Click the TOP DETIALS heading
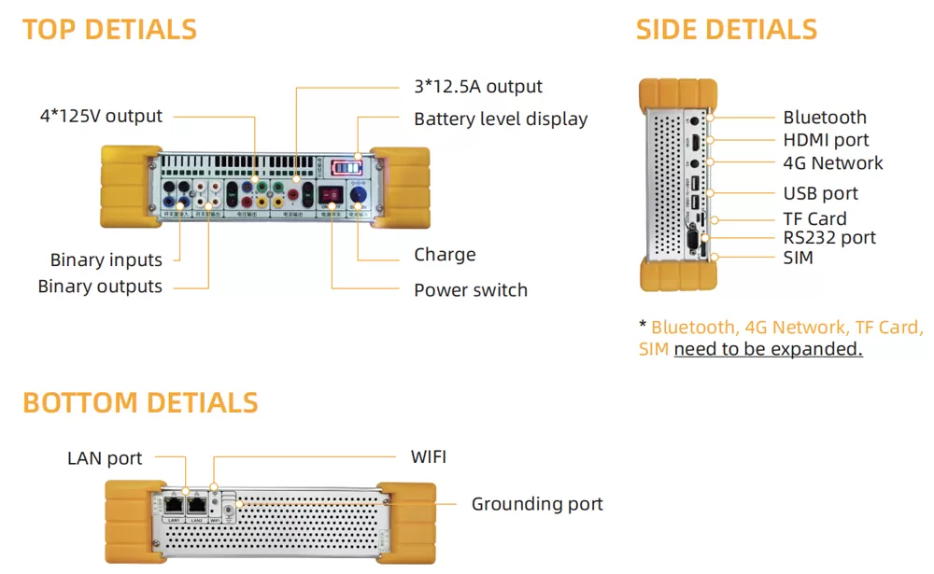click(x=109, y=30)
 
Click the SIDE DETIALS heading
click(x=726, y=30)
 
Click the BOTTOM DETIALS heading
click(x=140, y=403)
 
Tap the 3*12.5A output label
click(x=478, y=87)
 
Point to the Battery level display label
click(x=501, y=119)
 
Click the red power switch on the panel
click(x=330, y=194)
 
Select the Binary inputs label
click(x=106, y=260)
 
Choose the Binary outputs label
click(x=100, y=287)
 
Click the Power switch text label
click(x=471, y=290)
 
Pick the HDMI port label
click(x=826, y=140)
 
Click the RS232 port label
click(x=829, y=238)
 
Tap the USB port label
click(x=820, y=194)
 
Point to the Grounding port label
click(x=537, y=505)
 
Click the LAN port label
click(x=105, y=458)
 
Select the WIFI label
click(x=429, y=457)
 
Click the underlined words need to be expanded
click(x=768, y=349)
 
